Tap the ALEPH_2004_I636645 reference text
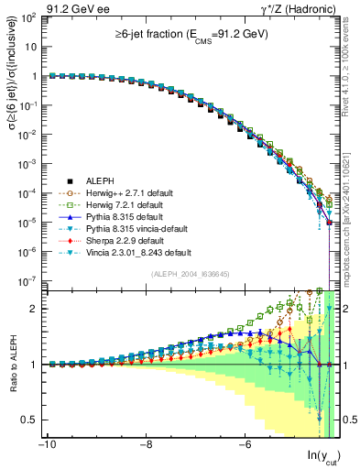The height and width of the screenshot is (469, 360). pos(190,274)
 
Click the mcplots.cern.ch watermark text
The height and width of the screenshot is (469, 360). pos(353,183)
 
